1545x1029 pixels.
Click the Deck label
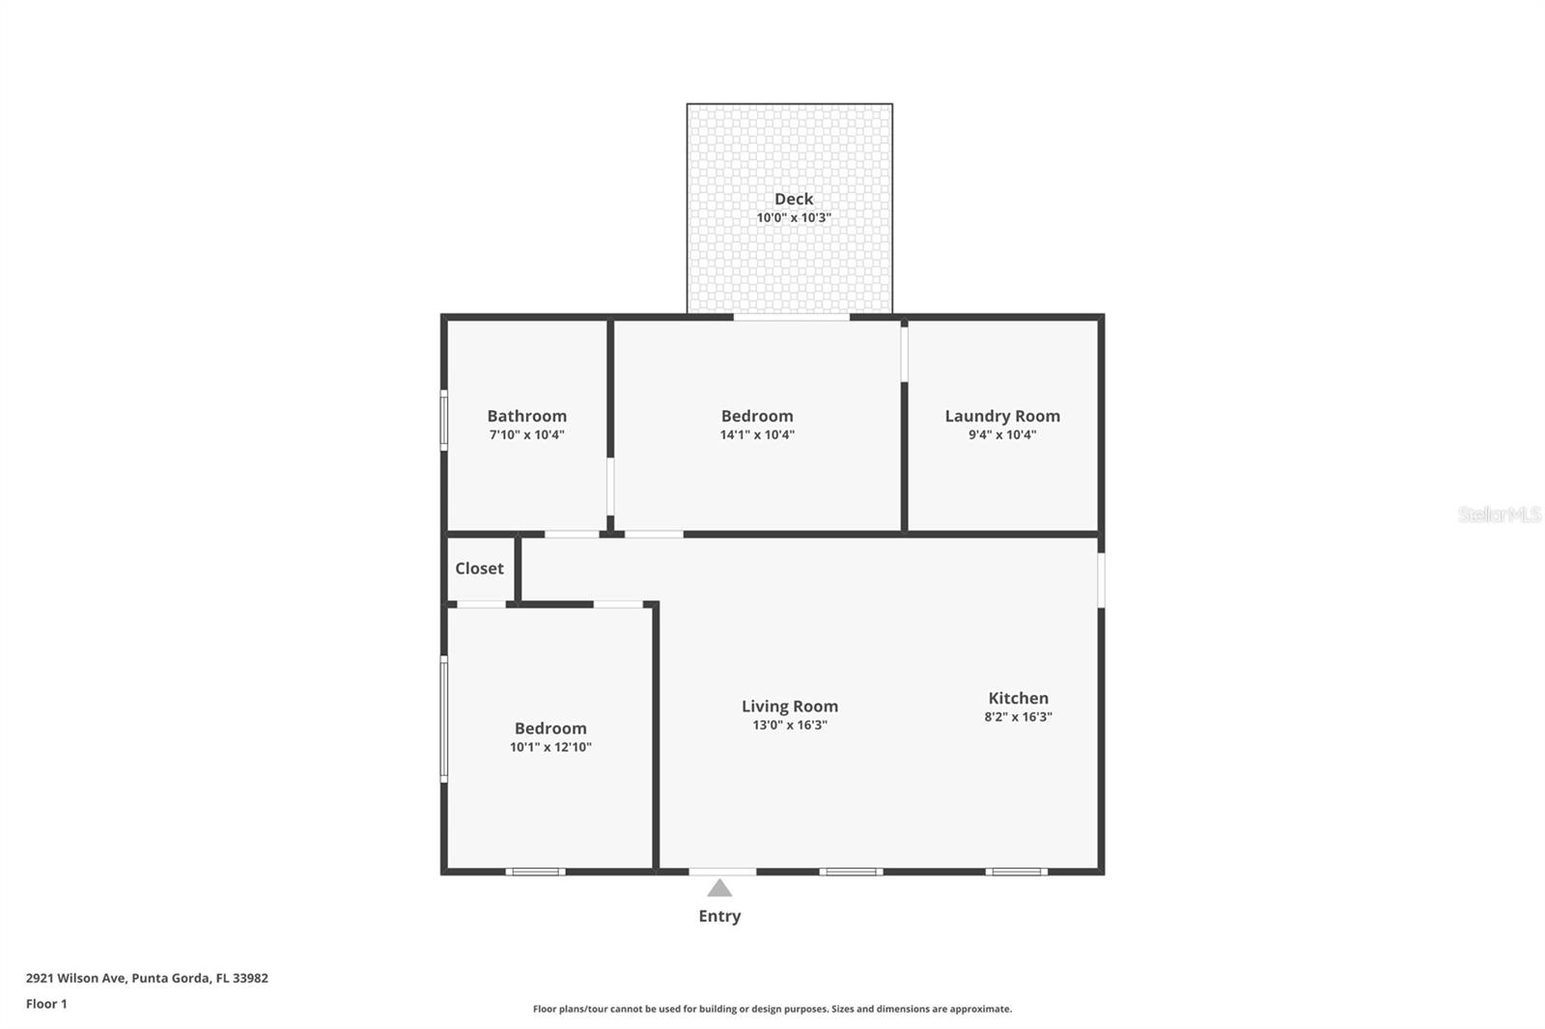[793, 199]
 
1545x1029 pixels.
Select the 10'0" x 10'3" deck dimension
[793, 218]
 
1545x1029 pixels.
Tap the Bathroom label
[526, 416]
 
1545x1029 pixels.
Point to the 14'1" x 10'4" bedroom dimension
[757, 435]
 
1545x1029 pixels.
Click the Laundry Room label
[1001, 416]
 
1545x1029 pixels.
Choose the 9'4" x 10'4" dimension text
[1001, 435]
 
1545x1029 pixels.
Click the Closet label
[479, 569]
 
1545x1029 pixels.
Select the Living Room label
[789, 707]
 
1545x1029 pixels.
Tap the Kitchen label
[1018, 698]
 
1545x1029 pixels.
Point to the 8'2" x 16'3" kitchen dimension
[1018, 717]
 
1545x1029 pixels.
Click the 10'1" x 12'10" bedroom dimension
[550, 747]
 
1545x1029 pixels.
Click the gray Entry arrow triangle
[719, 889]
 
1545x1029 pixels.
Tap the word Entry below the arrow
[719, 916]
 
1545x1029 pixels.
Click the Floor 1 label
[46, 1004]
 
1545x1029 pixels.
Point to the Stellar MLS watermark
[1499, 514]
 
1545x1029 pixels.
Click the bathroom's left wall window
[444, 420]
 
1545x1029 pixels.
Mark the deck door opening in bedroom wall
[791, 317]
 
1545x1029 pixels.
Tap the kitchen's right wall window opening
[1101, 579]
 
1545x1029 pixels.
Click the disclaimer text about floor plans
[772, 1009]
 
